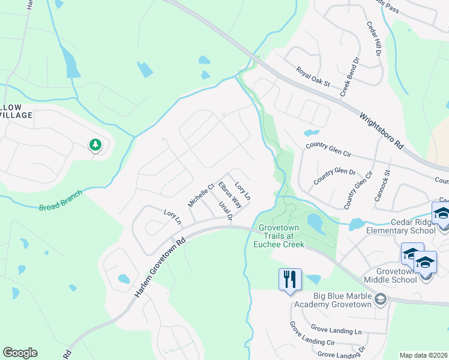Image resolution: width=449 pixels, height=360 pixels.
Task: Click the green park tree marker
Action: click(95, 145)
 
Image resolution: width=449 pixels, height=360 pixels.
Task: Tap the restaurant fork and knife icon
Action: click(289, 279)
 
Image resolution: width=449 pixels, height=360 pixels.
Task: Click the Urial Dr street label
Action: click(225, 211)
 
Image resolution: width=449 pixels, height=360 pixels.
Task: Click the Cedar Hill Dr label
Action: click(375, 40)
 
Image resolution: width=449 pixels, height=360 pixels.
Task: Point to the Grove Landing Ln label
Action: click(337, 329)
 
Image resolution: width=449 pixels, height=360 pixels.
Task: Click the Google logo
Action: click(20, 353)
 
